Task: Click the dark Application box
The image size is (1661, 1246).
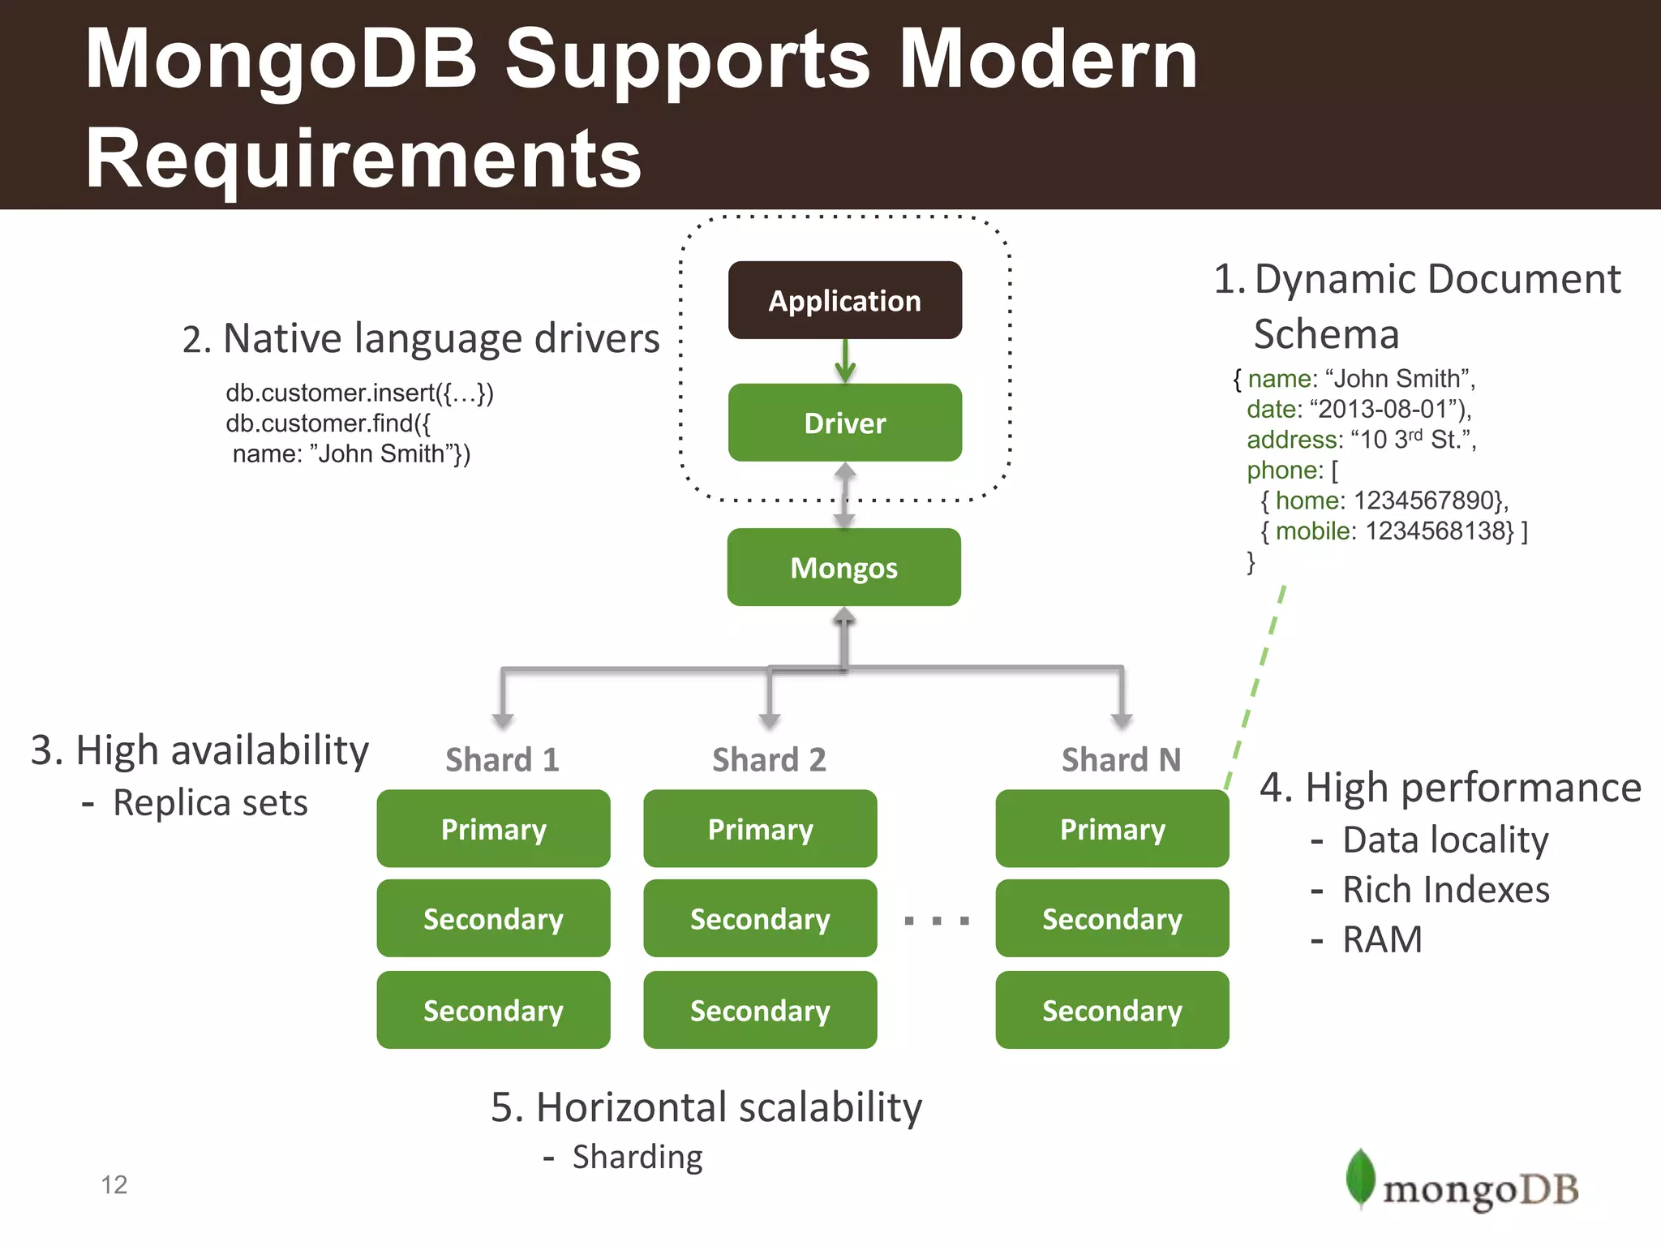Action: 844,300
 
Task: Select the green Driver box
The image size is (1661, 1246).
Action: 844,423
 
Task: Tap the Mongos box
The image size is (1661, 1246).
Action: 843,567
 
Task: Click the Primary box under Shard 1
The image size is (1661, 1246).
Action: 493,828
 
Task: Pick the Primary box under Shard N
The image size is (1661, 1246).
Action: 1112,828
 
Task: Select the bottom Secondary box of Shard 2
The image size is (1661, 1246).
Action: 760,1010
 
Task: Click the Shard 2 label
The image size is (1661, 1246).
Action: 769,760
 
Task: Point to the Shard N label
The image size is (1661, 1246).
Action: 1121,760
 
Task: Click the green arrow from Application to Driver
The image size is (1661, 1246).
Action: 845,362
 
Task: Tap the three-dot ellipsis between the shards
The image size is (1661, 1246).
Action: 936,921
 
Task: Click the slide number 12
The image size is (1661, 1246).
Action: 114,1185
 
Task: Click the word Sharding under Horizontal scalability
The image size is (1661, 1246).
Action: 637,1158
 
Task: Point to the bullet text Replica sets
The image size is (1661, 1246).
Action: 210,803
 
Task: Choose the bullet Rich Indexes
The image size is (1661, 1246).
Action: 1445,890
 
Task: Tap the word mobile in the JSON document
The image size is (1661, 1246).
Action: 1311,531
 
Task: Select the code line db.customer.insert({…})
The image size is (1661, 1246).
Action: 359,393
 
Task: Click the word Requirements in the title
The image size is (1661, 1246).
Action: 363,158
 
